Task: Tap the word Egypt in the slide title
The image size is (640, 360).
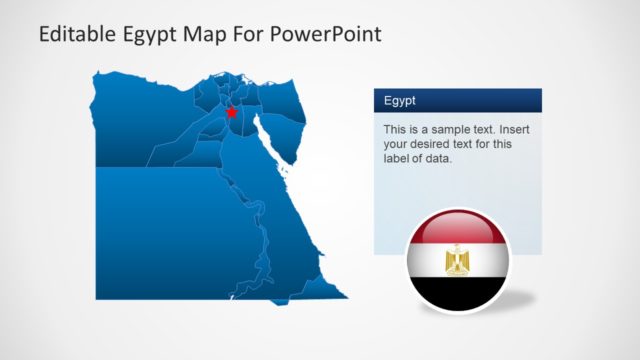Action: [x=151, y=36]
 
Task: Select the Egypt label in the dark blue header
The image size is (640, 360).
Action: [x=401, y=101]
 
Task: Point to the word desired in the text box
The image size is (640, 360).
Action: [x=436, y=144]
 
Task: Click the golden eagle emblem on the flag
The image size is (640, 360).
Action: [x=458, y=260]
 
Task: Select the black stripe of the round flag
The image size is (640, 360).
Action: [x=458, y=291]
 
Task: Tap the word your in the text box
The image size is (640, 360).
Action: [x=397, y=144]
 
